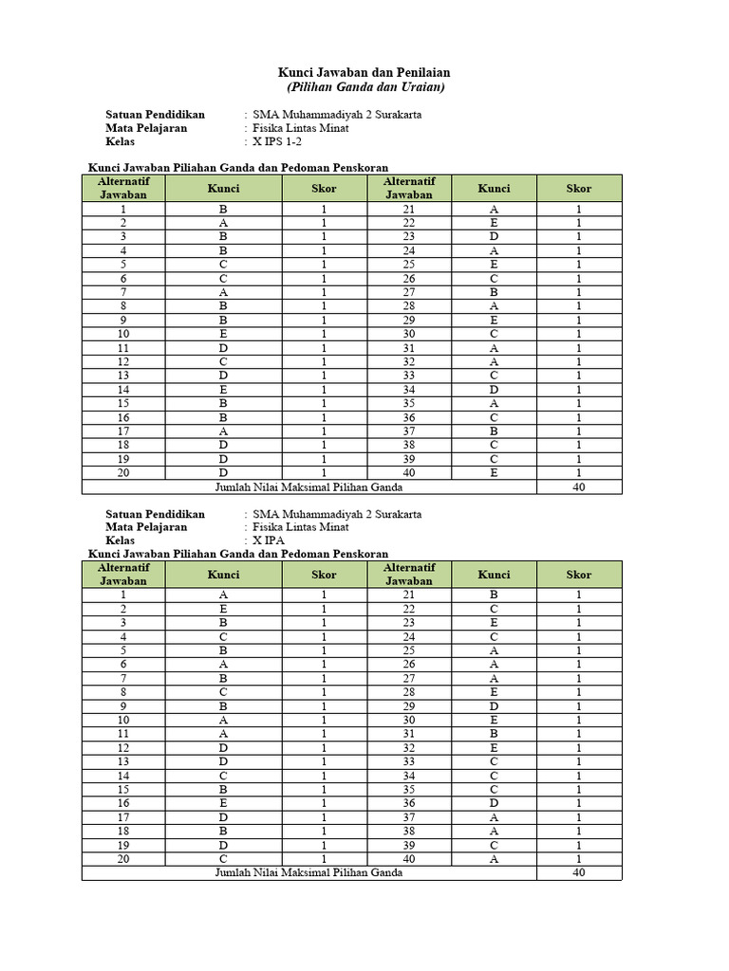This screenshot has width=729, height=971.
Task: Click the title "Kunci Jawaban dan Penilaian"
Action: tap(364, 72)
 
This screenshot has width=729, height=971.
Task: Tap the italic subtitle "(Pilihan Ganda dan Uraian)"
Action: tap(364, 87)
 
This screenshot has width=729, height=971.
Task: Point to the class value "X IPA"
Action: tap(270, 540)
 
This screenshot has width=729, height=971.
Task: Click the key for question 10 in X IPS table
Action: tap(223, 334)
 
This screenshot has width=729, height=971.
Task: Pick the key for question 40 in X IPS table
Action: tap(494, 473)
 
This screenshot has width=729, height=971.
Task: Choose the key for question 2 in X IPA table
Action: tap(223, 609)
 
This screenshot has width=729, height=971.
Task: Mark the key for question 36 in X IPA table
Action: tap(494, 803)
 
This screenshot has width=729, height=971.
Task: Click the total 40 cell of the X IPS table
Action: tap(579, 487)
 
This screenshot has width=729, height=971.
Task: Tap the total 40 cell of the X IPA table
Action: tap(579, 872)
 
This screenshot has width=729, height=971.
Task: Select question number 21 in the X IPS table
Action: tap(409, 210)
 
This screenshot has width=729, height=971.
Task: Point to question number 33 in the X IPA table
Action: tap(409, 761)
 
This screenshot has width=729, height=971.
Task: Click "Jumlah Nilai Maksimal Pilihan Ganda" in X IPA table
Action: tap(308, 872)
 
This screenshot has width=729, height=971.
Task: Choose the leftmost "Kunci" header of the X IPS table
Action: tap(223, 188)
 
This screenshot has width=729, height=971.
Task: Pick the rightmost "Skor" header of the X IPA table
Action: tap(579, 574)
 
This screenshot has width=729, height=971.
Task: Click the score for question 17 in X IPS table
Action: tap(324, 431)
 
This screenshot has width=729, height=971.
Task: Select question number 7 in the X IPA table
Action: tap(123, 678)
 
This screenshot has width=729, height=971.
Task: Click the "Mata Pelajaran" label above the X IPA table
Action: tap(146, 527)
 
